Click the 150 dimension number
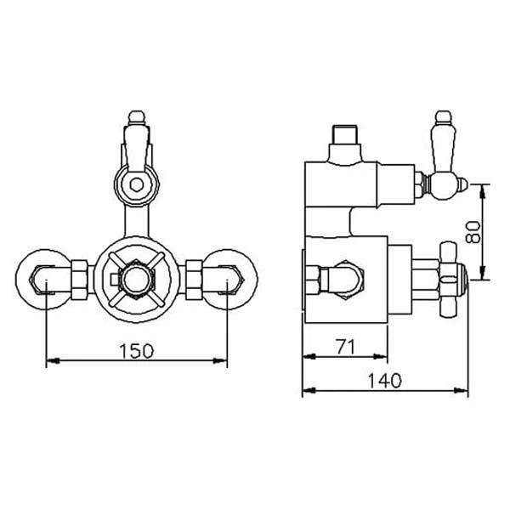(137, 351)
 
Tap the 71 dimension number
(345, 347)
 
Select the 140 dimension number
(385, 381)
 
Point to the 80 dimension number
(473, 232)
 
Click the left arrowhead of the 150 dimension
(53, 360)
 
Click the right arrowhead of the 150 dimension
(220, 360)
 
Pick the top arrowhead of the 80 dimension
(483, 190)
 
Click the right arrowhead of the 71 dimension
(381, 356)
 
